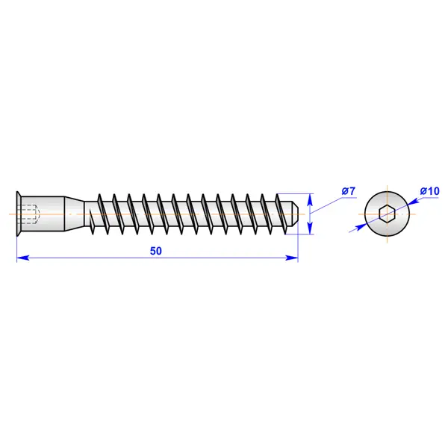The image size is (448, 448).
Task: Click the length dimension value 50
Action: point(156,251)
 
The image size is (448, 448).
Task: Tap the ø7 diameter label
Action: point(348,191)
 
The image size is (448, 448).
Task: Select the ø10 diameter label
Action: point(429,191)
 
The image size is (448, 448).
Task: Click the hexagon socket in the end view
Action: point(387,214)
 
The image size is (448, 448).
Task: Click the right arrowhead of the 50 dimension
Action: point(292,258)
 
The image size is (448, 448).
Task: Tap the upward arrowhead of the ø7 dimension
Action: point(311,199)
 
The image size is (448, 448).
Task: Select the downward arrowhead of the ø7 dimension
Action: point(311,228)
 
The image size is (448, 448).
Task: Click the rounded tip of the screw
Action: point(295,214)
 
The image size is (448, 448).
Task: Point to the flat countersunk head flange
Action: point(19,214)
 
